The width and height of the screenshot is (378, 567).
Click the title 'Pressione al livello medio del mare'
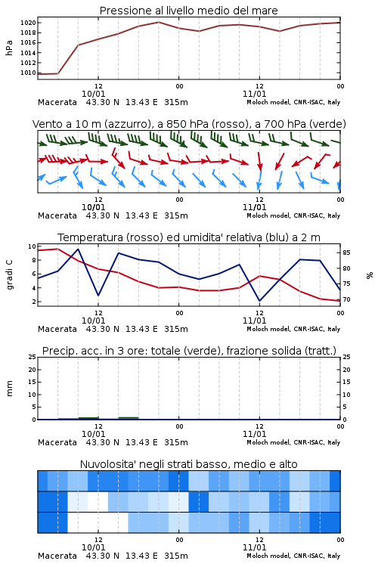pyautogui.click(x=188, y=11)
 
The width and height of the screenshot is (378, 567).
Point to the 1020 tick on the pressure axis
pyautogui.click(x=28, y=23)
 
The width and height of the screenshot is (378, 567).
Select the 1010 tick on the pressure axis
pyautogui.click(x=28, y=73)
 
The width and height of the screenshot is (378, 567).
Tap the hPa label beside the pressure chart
pyautogui.click(x=9, y=48)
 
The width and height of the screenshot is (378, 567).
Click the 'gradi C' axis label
pyautogui.click(x=9, y=274)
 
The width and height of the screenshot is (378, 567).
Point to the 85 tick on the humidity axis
pyautogui.click(x=346, y=253)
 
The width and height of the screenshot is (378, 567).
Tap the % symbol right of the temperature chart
pyautogui.click(x=370, y=275)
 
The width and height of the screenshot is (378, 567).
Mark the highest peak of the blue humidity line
pyautogui.click(x=78, y=249)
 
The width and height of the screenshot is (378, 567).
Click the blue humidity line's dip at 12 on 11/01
pyautogui.click(x=259, y=301)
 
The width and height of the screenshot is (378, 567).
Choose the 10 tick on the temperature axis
pyautogui.click(x=32, y=246)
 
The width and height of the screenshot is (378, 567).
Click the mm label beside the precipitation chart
pyautogui.click(x=9, y=389)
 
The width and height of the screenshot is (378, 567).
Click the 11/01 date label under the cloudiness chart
pyautogui.click(x=254, y=547)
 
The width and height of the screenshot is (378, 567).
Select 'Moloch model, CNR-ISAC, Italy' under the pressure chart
pyautogui.click(x=293, y=102)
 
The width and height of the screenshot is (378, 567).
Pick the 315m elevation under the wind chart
pyautogui.click(x=176, y=215)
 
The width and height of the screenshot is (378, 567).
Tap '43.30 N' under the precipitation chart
pyautogui.click(x=102, y=442)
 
